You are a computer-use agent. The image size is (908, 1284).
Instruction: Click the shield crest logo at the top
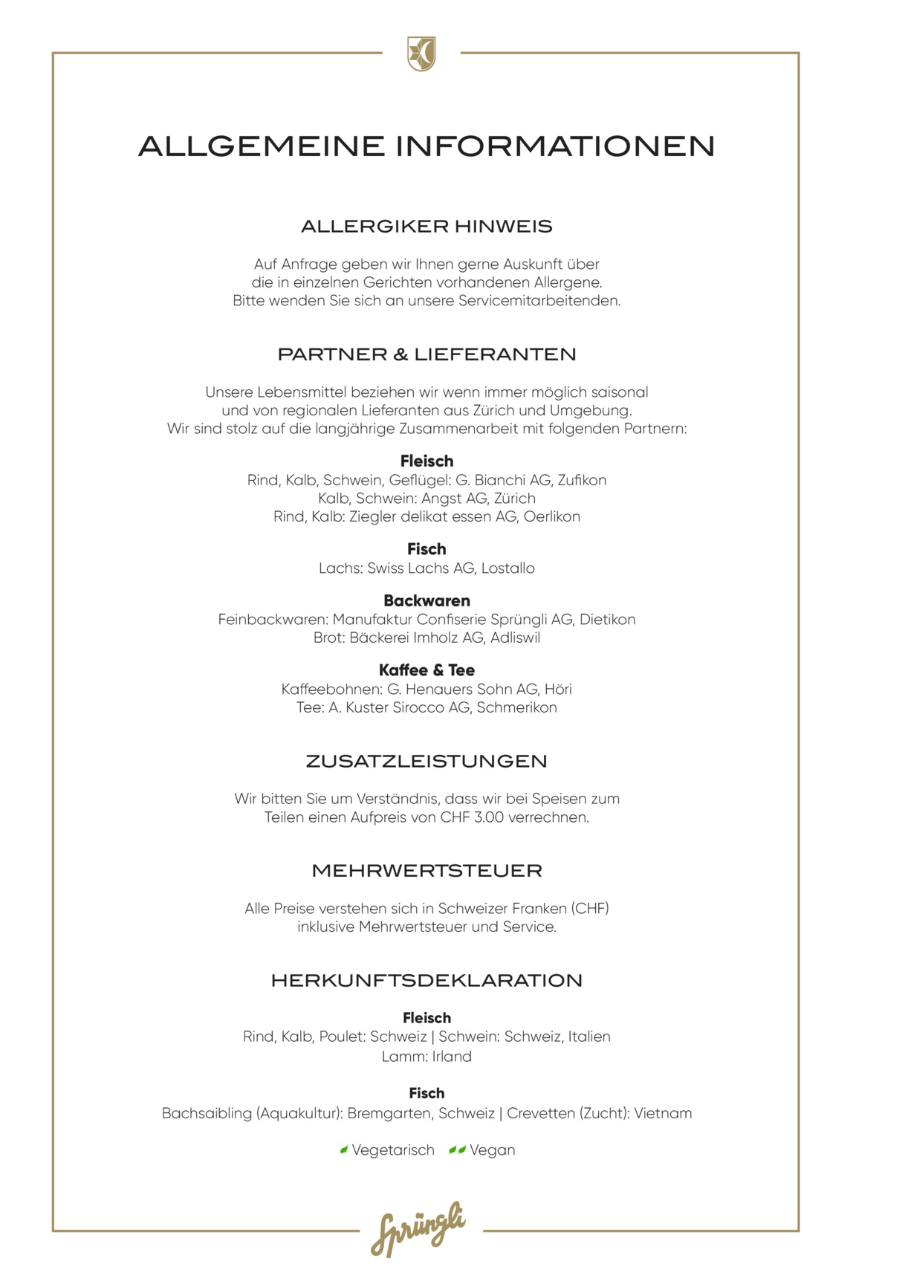421,54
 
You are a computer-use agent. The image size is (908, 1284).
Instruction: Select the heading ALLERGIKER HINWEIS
427,227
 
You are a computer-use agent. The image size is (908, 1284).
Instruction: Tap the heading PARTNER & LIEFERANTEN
427,354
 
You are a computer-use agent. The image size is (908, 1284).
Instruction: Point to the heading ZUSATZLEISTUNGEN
427,762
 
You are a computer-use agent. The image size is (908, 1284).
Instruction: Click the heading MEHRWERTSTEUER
427,871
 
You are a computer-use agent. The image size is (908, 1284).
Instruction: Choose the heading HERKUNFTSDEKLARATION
427,981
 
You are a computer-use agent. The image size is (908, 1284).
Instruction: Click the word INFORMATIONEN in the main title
554,146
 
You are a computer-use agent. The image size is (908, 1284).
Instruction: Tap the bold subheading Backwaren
427,600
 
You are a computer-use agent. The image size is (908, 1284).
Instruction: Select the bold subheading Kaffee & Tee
427,670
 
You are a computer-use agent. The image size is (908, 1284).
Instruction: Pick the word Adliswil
515,638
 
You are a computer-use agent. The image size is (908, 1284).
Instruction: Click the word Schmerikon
516,707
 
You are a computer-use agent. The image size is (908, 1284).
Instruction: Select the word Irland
452,1057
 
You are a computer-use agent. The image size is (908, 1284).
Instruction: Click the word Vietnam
663,1113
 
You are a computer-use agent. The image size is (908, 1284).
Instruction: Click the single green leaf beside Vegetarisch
344,1150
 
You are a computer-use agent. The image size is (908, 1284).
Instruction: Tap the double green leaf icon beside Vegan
457,1150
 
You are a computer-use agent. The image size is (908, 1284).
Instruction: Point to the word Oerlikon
551,516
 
